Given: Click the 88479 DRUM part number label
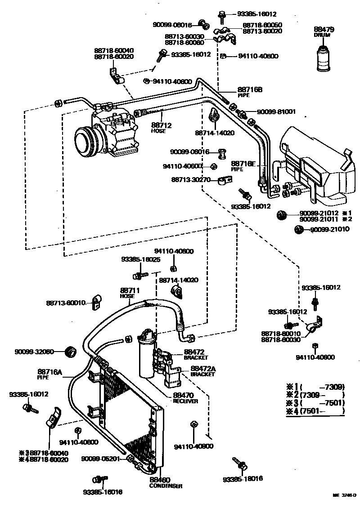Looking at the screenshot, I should click(x=324, y=32).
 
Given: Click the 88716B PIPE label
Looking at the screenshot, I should click(x=250, y=92).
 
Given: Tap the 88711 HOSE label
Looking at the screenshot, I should click(x=130, y=293).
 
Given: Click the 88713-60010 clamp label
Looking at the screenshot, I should click(x=66, y=303).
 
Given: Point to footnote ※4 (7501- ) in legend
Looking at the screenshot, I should click(x=315, y=410).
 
